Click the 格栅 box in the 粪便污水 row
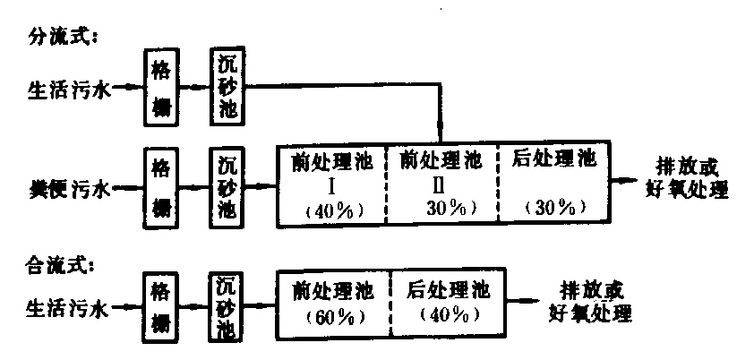click(161, 188)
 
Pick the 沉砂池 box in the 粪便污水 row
click(227, 188)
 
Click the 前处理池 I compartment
click(332, 184)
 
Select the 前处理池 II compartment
click(440, 183)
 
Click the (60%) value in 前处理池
click(330, 317)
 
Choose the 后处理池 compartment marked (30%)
click(550, 183)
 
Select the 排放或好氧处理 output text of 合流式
click(590, 302)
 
